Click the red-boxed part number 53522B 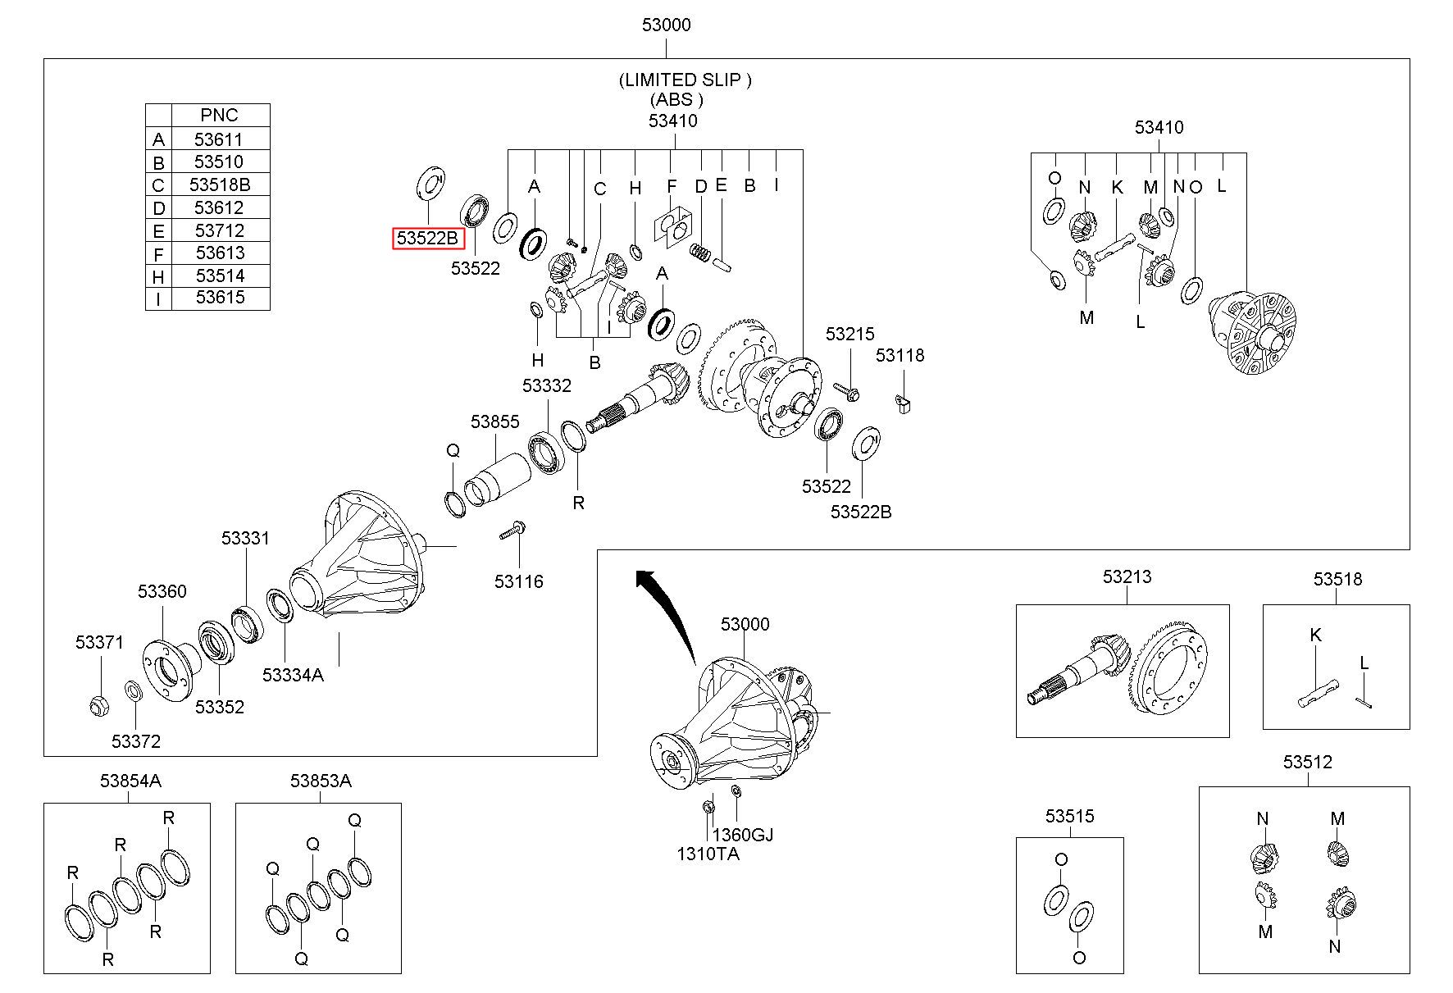point(428,239)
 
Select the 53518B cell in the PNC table point(220,184)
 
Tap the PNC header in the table point(219,115)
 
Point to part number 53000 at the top point(666,25)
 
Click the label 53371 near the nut point(99,643)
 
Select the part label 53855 point(494,421)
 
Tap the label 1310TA point(708,854)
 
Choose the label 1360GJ point(742,835)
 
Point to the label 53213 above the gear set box point(1127,577)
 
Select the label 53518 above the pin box point(1337,580)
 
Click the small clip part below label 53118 point(904,403)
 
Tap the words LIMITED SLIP point(685,80)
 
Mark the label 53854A point(130,781)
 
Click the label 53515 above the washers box point(1069,817)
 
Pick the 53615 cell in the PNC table point(220,298)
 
